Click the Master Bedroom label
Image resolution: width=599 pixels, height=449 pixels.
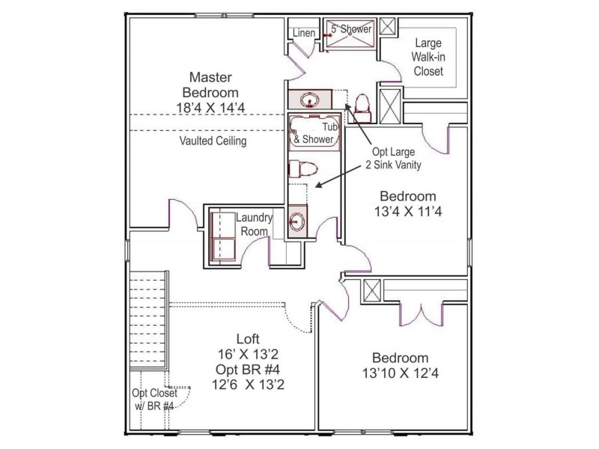pos(210,84)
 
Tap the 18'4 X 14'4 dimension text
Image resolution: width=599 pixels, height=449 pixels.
pos(210,108)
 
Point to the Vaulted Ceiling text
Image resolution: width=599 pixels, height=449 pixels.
pos(213,141)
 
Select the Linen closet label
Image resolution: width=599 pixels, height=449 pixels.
pos(303,33)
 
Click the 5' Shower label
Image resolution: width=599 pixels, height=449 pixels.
pos(351,29)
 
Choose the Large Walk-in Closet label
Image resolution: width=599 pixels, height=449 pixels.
pos(428,58)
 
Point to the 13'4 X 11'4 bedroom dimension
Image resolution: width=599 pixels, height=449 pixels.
pos(408,211)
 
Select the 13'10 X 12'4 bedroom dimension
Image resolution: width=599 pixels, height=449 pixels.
pos(401,372)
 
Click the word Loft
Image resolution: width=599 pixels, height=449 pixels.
pos(248,337)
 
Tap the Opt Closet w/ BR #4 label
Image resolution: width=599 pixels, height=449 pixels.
pos(153,399)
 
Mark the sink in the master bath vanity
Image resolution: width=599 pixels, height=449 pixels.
pos(310,100)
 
